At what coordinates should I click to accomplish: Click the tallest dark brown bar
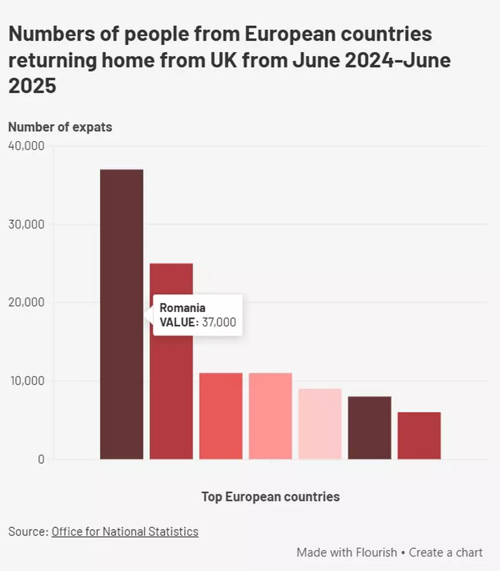121,243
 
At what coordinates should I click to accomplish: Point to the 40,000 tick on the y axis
27,146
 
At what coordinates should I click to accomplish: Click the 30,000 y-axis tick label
27,224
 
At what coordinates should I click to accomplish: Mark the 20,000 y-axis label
27,302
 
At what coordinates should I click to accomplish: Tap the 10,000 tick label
27,381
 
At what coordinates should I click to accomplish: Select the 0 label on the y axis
41,459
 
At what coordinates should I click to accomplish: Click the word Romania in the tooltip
182,307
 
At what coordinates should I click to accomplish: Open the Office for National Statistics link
125,532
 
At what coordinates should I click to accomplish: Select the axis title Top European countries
270,496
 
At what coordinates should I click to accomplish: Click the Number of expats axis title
60,127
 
